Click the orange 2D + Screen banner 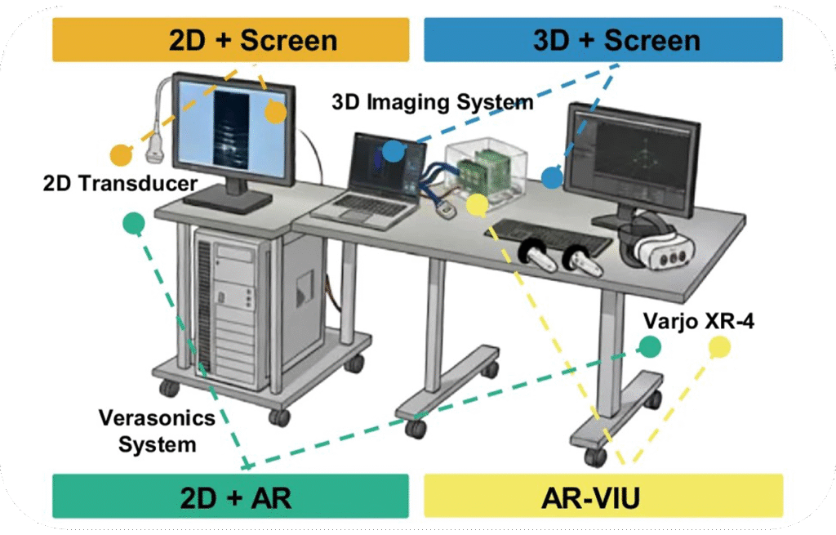(x=230, y=39)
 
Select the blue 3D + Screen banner (x=603, y=39)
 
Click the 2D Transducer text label (x=121, y=184)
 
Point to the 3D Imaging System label (x=433, y=102)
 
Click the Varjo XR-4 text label (x=699, y=321)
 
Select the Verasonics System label (x=158, y=431)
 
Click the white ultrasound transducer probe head (x=155, y=147)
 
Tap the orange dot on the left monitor (x=275, y=112)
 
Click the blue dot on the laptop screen (x=394, y=151)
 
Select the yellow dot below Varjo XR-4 (x=719, y=347)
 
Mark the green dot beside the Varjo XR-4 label (x=650, y=346)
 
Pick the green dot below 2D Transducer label (x=133, y=224)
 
